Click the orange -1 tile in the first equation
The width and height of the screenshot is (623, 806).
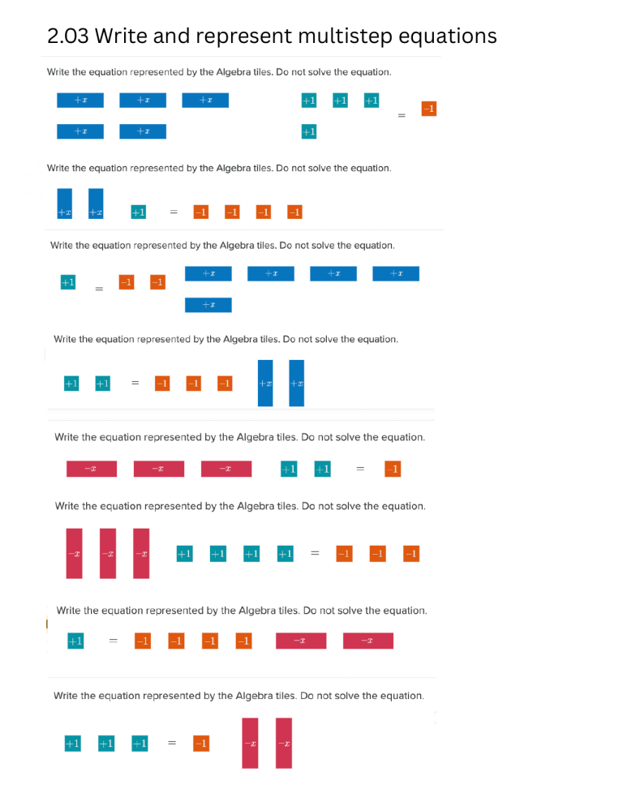point(429,108)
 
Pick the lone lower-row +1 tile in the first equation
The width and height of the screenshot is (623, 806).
point(308,131)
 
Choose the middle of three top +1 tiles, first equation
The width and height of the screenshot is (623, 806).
point(340,100)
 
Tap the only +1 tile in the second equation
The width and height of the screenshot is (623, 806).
point(138,212)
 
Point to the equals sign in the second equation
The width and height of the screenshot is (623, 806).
point(173,212)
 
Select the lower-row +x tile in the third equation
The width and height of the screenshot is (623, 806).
point(208,305)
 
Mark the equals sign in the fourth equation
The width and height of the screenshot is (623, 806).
point(135,383)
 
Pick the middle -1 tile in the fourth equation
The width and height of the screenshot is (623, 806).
point(194,383)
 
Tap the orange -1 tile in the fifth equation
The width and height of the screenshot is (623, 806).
point(392,469)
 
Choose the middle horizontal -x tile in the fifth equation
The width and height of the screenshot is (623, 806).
point(159,469)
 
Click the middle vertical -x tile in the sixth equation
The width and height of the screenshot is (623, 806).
point(108,553)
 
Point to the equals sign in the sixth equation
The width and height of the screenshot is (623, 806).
point(315,553)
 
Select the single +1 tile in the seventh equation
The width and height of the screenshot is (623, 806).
point(75,641)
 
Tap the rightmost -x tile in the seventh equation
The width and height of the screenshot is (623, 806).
point(368,641)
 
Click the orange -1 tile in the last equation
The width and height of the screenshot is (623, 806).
point(201,743)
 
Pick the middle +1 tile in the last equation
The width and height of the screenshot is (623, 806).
point(106,743)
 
